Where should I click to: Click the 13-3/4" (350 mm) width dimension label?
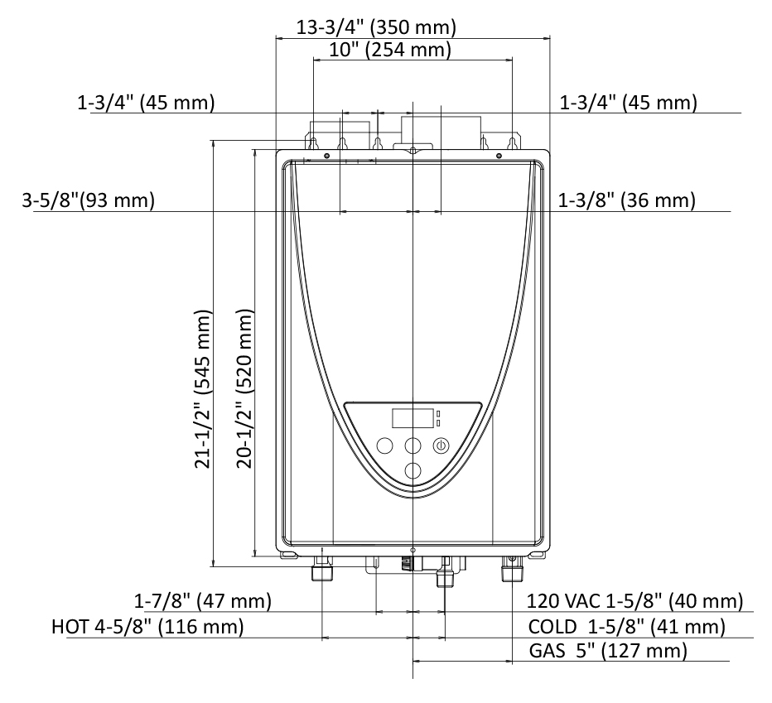376,27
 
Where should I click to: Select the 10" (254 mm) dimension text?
390,50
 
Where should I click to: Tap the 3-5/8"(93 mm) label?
88,200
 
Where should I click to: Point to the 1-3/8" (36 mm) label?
626,200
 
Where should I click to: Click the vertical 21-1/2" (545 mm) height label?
203,389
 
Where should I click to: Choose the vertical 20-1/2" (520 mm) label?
244,389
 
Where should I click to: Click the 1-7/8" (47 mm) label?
203,601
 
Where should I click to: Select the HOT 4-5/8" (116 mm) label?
147,627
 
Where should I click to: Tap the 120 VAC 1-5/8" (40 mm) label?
634,601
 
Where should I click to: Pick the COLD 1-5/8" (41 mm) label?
627,627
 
